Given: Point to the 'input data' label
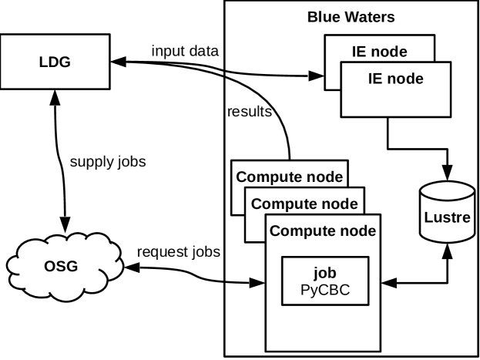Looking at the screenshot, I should [185, 51].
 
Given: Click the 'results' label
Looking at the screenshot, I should [250, 112].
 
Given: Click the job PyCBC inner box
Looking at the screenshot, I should [324, 281].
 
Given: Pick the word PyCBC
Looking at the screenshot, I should [324, 290].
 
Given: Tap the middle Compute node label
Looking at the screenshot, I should [304, 204].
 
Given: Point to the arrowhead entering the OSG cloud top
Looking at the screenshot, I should [63, 220].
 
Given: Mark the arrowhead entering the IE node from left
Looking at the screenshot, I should [316, 76].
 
